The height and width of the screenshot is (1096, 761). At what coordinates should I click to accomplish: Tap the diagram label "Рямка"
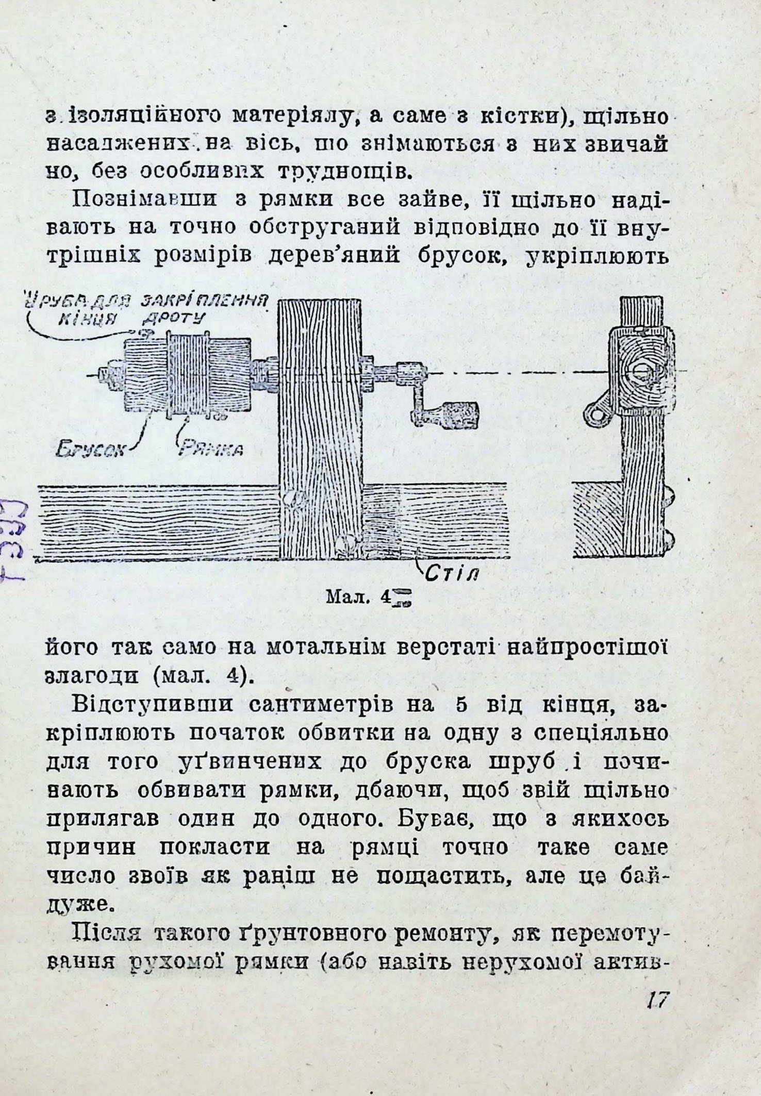210,450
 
